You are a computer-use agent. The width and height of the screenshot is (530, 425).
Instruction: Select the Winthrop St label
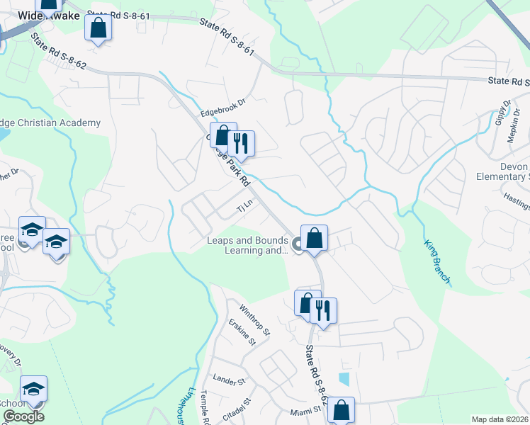pyautogui.click(x=254, y=320)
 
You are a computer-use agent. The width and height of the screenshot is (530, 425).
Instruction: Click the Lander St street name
pyautogui.click(x=228, y=381)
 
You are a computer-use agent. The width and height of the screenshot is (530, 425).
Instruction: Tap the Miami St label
pyautogui.click(x=305, y=411)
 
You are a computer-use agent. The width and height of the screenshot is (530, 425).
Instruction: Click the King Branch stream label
pyautogui.click(x=437, y=261)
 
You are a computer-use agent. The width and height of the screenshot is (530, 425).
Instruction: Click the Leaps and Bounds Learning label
pyautogui.click(x=247, y=245)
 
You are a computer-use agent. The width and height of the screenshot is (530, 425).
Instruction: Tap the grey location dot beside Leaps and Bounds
pyautogui.click(x=298, y=245)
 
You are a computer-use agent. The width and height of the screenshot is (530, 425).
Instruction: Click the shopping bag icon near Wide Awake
pyautogui.click(x=98, y=28)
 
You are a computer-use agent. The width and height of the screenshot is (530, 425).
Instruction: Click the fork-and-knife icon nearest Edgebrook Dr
pyautogui.click(x=242, y=144)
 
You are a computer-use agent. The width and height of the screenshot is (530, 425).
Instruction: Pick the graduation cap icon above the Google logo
pyautogui.click(x=33, y=389)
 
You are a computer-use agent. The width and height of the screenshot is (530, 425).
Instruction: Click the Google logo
pyautogui.click(x=23, y=416)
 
